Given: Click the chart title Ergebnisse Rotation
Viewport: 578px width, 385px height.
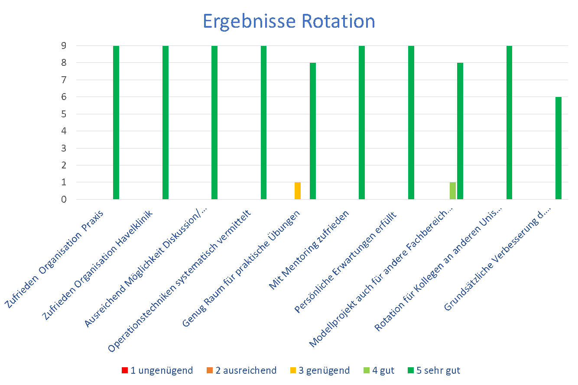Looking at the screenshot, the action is (x=289, y=21).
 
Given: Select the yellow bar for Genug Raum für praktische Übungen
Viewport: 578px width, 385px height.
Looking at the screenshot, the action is (x=298, y=191).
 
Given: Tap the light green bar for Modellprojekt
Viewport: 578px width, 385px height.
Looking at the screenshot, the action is (x=453, y=191).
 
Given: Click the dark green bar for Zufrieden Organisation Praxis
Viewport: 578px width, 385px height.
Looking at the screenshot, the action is (x=116, y=123).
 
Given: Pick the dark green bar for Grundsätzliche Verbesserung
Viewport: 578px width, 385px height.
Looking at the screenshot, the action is (x=559, y=148).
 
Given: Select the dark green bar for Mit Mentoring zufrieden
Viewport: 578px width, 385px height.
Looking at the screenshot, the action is (x=362, y=123).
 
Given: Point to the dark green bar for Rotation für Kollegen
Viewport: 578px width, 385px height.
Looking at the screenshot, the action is (x=509, y=123).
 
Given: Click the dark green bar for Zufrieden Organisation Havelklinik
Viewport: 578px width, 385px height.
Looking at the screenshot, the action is (x=166, y=123).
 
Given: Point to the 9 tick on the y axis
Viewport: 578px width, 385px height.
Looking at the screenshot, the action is (x=64, y=45).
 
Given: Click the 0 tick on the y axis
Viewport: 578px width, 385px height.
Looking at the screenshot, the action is (x=64, y=199).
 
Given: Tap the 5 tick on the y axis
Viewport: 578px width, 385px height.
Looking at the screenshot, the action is (x=64, y=114).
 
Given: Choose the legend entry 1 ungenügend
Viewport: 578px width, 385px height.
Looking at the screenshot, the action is (x=157, y=370).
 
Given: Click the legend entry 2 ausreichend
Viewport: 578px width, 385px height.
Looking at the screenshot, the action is (x=241, y=370).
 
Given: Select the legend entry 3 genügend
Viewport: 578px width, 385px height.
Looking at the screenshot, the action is (x=320, y=370).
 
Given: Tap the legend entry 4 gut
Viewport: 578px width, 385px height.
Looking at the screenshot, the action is (x=379, y=370).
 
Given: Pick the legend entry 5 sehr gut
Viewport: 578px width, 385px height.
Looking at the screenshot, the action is (x=434, y=370).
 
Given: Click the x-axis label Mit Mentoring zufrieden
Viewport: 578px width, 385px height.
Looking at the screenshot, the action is (x=309, y=249).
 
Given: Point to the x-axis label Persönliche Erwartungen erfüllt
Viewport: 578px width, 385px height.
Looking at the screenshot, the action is (x=345, y=262).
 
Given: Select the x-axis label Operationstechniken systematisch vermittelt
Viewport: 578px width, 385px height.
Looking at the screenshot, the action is (x=179, y=281).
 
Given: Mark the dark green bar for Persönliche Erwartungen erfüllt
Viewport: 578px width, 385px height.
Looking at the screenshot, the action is (x=411, y=123).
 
